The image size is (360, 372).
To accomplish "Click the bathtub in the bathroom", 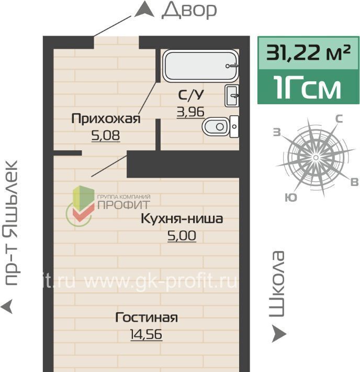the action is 200,65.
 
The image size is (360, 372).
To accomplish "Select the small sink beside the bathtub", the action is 232,96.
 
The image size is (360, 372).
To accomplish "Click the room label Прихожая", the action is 106,118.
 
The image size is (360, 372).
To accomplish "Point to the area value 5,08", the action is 106,136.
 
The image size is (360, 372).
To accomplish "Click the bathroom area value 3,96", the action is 190,112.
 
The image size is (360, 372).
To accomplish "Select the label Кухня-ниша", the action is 182,218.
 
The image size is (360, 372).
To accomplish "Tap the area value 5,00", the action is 182,236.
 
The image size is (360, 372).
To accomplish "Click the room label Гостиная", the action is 146,318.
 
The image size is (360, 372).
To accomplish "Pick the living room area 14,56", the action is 146,334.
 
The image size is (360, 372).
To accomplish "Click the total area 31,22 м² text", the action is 308,52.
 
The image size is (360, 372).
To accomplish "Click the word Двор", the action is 189,10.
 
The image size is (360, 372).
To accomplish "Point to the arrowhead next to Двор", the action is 144,9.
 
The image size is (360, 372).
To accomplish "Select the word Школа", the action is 276,284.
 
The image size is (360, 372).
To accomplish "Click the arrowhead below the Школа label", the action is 279,334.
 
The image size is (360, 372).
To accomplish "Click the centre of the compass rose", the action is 316,158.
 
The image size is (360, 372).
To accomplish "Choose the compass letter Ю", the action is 291,198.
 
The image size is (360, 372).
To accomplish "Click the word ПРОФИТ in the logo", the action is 123,204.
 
